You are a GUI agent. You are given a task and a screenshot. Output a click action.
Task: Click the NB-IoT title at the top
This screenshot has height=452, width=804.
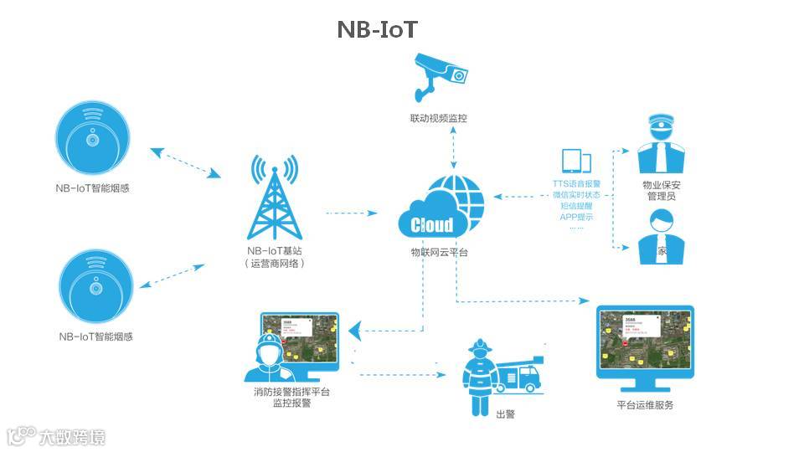[377, 29]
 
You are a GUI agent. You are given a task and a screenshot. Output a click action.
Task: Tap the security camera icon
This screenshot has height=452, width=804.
[441, 74]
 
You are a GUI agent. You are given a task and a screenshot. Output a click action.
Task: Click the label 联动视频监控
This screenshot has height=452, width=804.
[433, 118]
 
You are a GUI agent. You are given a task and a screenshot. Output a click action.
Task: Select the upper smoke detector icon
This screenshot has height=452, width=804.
[92, 141]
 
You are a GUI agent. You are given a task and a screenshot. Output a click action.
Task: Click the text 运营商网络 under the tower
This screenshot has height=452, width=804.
[276, 263]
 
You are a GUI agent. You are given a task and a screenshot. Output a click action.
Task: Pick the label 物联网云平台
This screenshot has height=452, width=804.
[439, 252]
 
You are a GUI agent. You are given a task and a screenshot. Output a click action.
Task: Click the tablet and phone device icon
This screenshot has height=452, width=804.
[575, 162]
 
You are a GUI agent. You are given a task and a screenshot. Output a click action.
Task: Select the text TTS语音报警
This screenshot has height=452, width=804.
[576, 183]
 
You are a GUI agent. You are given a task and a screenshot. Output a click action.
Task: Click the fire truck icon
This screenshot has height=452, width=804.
[519, 378]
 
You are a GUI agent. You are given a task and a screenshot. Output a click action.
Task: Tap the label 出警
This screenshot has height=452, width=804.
[506, 414]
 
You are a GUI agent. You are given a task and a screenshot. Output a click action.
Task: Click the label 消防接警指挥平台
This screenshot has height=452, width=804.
[291, 392]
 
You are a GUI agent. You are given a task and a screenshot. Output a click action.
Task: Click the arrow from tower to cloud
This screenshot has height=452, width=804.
[351, 214]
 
